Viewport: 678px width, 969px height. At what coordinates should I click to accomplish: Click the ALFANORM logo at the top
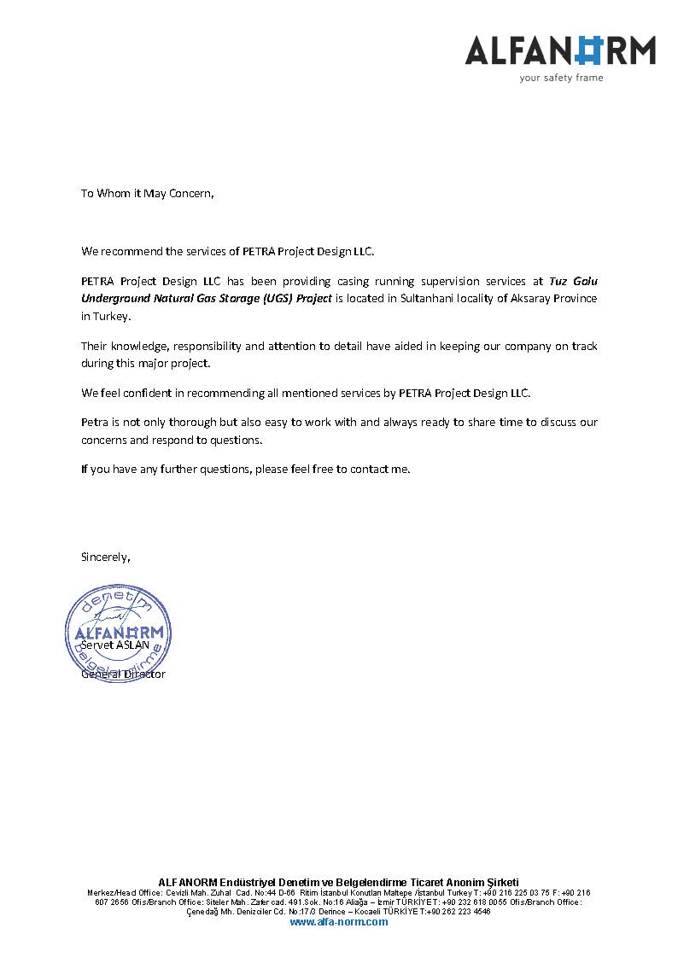[560, 50]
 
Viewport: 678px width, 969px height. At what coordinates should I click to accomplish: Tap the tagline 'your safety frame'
[561, 78]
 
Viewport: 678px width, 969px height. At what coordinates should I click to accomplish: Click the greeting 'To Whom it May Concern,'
[147, 193]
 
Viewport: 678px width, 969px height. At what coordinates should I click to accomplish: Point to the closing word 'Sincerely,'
[106, 557]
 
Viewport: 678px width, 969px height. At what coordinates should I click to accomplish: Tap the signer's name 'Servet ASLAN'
[115, 645]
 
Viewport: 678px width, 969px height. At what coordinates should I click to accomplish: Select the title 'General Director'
[123, 674]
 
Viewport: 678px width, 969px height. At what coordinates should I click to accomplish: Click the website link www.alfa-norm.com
[338, 922]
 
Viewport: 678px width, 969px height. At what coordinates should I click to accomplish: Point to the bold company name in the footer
[338, 882]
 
